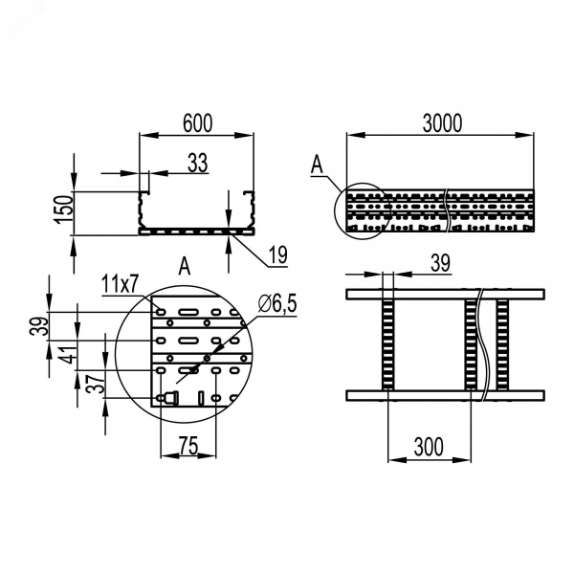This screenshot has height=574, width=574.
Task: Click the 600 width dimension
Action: tap(197, 123)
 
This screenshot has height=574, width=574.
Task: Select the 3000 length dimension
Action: tap(442, 123)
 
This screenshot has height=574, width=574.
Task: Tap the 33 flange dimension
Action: tap(198, 163)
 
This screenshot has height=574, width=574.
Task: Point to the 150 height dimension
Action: tap(63, 210)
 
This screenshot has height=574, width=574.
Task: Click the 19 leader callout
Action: tap(278, 254)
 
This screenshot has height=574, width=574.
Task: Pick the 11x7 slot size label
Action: tap(120, 284)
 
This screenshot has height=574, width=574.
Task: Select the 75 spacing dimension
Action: tap(188, 446)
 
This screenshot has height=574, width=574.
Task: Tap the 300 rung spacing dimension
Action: tap(429, 447)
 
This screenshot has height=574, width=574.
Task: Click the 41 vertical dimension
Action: tap(69, 355)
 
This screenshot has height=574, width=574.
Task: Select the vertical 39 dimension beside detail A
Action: tap(39, 326)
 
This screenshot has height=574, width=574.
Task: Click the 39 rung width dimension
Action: tap(440, 263)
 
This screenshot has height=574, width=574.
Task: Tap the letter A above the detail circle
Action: tap(185, 266)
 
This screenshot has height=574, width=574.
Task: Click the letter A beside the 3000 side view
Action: tap(317, 165)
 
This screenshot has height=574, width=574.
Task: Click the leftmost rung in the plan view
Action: tap(388, 344)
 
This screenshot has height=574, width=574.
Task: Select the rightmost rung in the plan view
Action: tap(502, 344)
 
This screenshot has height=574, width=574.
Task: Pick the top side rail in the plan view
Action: tap(445, 295)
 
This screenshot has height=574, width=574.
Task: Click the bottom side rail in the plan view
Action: tap(445, 395)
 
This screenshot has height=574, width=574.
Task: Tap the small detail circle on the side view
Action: tap(335, 211)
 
